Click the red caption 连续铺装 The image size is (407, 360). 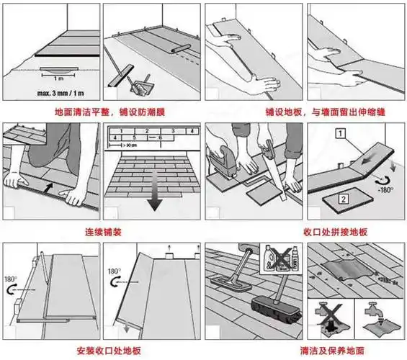(x=99, y=233)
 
